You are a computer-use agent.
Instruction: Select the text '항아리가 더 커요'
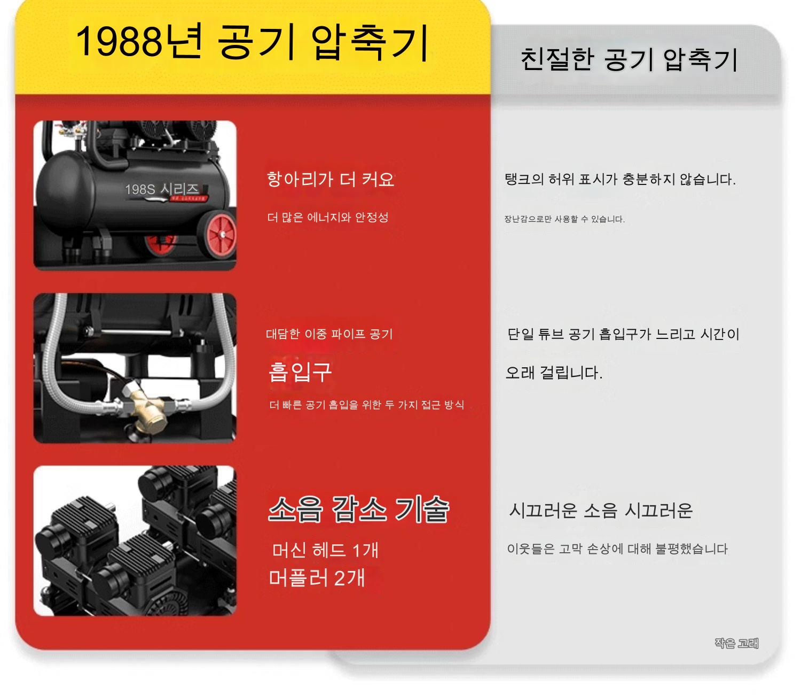coord(331,179)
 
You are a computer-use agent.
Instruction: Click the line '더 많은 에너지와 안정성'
coord(328,217)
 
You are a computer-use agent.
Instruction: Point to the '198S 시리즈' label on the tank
coord(162,189)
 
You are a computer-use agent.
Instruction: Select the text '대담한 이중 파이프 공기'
coord(329,334)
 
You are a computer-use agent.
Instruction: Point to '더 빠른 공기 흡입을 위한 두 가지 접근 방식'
coord(367,405)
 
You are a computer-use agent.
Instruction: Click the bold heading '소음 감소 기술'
coord(359,509)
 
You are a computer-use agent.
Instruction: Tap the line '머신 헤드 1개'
coord(325,550)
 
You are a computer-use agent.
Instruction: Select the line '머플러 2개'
coord(317,578)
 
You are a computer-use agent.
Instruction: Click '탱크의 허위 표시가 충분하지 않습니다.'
coord(620,179)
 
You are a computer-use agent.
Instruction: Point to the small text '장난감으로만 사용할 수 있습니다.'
coord(564,219)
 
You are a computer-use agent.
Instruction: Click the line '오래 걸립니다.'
coord(554,373)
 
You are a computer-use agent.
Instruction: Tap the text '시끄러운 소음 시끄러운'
coord(601,510)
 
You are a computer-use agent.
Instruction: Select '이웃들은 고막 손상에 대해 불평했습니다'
coord(617,549)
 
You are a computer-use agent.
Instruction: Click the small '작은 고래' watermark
coord(737,643)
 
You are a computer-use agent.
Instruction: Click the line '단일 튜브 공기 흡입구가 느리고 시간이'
coord(623,334)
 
